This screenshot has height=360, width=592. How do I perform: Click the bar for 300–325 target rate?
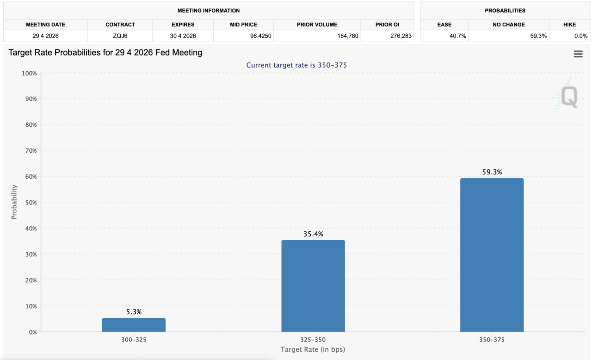tap(134, 324)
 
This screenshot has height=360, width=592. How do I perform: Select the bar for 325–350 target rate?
tap(313, 286)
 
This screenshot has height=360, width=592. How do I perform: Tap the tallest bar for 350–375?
tap(492, 254)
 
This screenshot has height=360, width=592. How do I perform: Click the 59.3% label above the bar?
tap(492, 172)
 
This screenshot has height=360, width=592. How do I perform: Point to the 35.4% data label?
tap(313, 234)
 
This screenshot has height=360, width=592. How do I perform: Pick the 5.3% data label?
tap(134, 312)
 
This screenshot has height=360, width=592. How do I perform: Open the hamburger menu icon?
tap(578, 54)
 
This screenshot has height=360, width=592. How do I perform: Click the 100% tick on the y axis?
tap(29, 73)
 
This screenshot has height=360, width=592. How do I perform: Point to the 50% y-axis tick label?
tap(30, 203)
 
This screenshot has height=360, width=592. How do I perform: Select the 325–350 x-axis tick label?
tap(313, 340)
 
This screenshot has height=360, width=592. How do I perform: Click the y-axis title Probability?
tap(14, 202)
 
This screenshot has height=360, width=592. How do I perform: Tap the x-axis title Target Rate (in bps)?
tap(313, 349)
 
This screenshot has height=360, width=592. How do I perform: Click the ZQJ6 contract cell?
tap(120, 36)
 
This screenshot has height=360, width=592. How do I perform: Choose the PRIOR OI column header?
tap(387, 25)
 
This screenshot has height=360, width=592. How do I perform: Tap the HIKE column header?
tap(569, 25)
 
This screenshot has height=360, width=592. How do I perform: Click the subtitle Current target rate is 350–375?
tap(296, 65)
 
